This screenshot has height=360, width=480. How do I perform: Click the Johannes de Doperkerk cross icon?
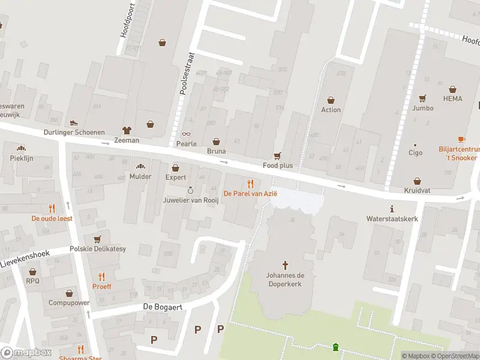[285, 264]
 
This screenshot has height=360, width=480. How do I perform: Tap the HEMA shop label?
[453, 98]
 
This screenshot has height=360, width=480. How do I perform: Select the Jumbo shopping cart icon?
[423, 98]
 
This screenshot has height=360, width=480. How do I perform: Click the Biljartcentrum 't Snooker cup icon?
[461, 139]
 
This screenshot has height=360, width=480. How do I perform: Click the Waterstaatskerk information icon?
[392, 209]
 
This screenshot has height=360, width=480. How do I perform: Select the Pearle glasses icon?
[186, 134]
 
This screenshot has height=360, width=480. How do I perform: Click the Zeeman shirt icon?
[127, 130]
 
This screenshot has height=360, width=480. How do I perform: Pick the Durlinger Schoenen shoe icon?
[74, 122]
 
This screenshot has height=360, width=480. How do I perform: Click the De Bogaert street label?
[162, 307]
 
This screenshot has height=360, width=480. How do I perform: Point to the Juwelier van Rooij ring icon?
[190, 190]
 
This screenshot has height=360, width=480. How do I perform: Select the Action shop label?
[331, 110]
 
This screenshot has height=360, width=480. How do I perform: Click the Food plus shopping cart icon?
[277, 155]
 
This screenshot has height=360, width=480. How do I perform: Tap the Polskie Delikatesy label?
[98, 249]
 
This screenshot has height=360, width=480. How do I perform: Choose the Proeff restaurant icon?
[101, 277]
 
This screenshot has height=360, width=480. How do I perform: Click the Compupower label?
[69, 302]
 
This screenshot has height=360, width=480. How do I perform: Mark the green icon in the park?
[336, 347]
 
